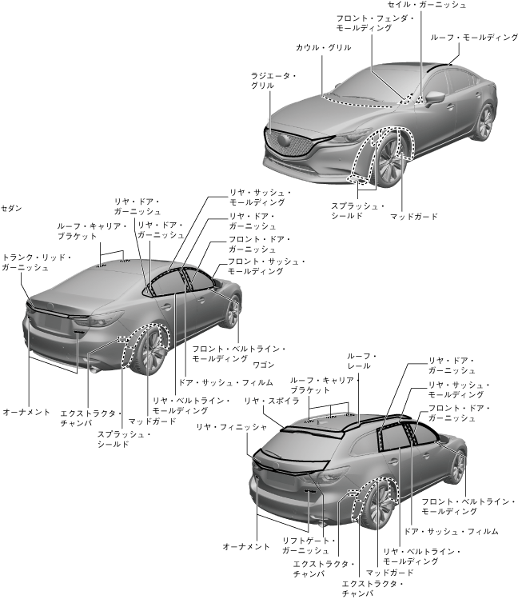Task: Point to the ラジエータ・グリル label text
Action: coord(273,80)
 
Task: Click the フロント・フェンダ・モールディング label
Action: coord(364,22)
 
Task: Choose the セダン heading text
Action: coord(12,208)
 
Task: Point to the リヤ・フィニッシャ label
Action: coord(232,428)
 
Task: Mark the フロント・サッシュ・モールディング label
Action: coord(266,266)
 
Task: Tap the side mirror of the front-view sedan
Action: coord(435,98)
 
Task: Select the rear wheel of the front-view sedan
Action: coord(484,122)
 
